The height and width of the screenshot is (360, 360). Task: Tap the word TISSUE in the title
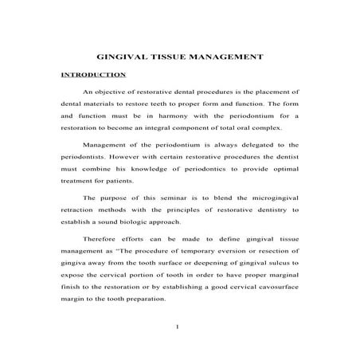(x=171, y=57)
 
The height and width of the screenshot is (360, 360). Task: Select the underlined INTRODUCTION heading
(x=94, y=75)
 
